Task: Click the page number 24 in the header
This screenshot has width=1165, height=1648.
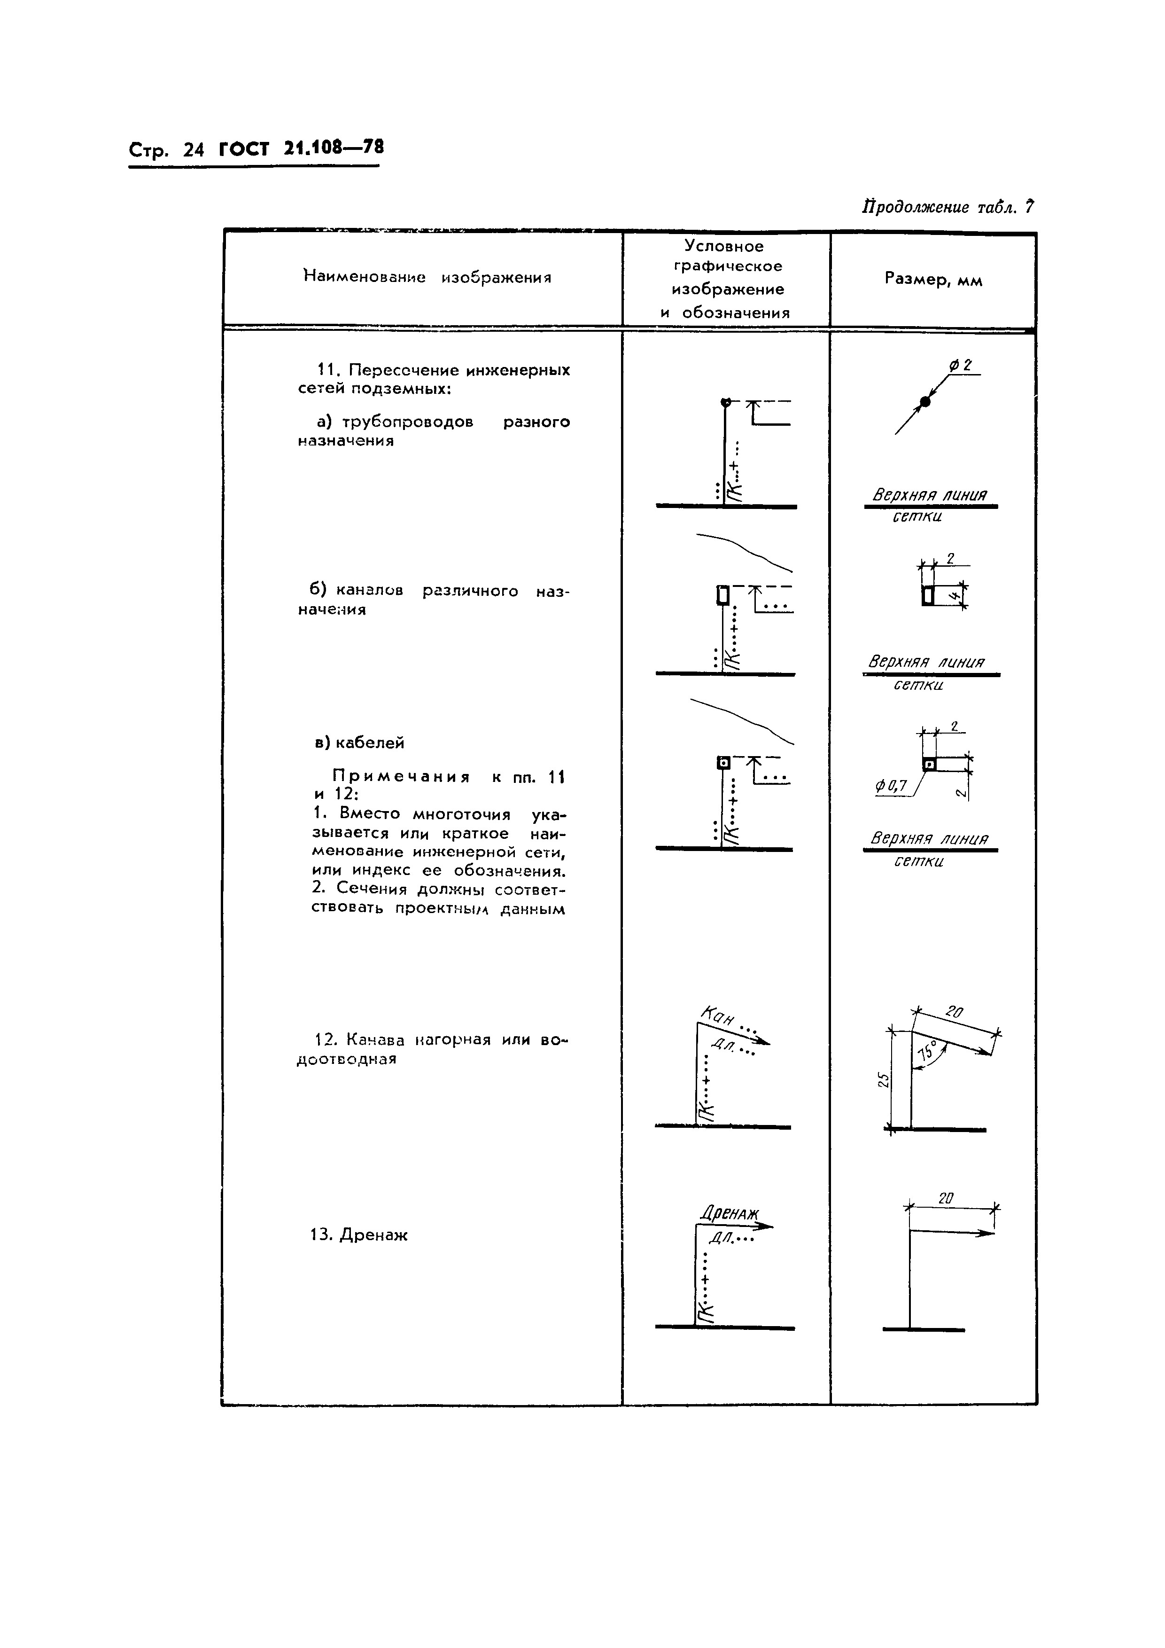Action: click(194, 150)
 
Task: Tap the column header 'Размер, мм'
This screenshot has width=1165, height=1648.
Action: click(932, 279)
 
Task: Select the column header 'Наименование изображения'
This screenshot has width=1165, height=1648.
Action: click(427, 278)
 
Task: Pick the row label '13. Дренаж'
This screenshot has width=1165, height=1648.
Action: click(359, 1235)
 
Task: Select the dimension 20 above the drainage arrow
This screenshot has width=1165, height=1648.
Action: click(946, 1198)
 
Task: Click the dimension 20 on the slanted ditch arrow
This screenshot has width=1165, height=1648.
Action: click(954, 1013)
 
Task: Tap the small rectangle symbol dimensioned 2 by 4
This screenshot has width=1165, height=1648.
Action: click(928, 595)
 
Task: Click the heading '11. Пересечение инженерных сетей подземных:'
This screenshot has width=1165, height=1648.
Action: click(434, 379)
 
